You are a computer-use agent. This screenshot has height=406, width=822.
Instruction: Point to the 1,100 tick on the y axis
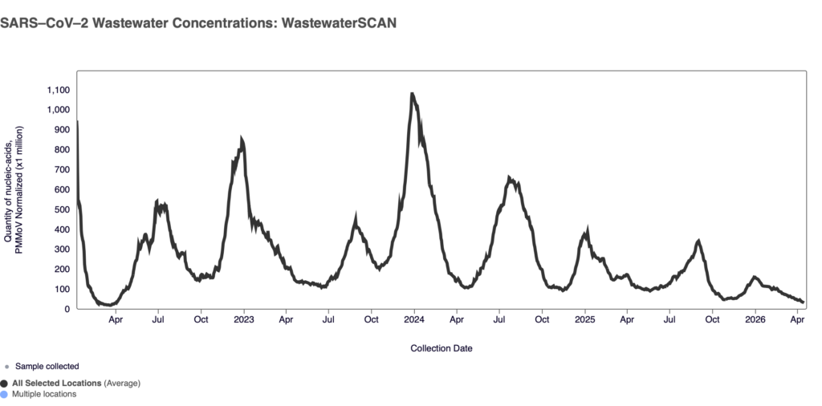coord(58,90)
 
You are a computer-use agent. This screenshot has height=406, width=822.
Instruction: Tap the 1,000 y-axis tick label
coord(58,110)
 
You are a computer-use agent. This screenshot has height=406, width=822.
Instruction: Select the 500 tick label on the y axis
coord(62,209)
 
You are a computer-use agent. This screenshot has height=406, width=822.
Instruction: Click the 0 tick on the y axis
coord(67,309)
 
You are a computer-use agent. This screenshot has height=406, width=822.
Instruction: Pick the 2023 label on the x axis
coord(243,319)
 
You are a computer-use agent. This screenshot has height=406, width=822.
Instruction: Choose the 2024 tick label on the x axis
coord(414,319)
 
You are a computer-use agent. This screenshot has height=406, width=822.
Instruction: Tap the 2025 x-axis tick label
coord(584,319)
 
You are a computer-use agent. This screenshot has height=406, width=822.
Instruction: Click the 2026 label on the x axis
coord(755,319)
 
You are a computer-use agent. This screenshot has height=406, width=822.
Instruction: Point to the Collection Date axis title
coord(441,348)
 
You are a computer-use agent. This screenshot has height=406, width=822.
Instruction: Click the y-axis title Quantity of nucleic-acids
coord(9,189)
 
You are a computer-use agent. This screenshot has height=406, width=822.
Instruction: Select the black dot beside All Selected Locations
coord(5,384)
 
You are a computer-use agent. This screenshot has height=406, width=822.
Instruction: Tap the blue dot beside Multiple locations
coord(5,394)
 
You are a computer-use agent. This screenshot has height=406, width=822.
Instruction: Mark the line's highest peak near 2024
coord(412,94)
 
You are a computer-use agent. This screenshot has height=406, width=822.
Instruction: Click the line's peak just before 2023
coord(242,140)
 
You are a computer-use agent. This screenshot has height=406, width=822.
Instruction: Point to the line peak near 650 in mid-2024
coord(510,177)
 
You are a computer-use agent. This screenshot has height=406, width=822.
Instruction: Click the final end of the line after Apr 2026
coord(803,302)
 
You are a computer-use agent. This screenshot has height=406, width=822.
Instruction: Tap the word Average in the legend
coord(121,384)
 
